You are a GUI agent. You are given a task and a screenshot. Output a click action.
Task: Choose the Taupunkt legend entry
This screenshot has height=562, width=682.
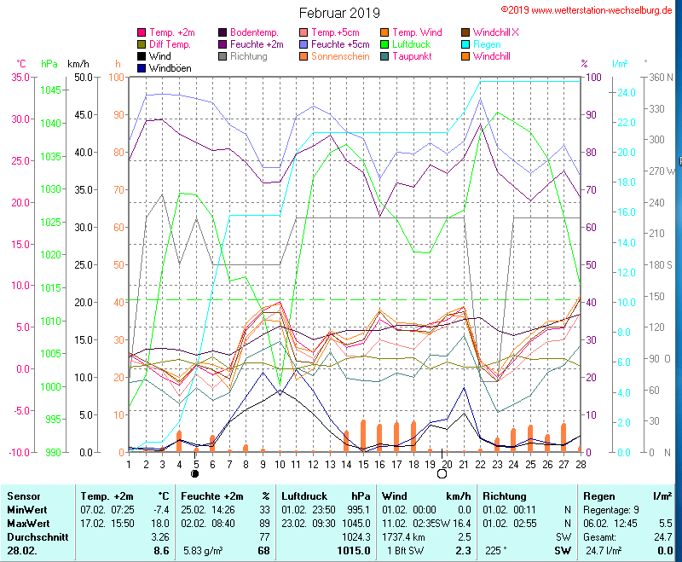click(414, 56)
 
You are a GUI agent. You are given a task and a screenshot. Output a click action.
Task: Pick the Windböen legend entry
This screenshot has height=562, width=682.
click(170, 68)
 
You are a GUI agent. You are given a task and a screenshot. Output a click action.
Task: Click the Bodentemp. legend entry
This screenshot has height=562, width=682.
click(256, 32)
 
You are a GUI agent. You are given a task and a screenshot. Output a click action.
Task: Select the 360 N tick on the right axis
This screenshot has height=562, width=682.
click(659, 78)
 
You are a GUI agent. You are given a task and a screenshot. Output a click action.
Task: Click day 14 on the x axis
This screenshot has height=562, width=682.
click(346, 463)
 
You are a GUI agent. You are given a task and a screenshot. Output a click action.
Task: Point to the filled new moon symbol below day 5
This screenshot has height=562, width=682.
click(195, 473)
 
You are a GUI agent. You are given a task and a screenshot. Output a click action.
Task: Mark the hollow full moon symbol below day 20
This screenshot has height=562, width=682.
click(442, 473)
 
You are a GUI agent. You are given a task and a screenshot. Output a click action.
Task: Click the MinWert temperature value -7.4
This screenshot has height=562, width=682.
click(161, 509)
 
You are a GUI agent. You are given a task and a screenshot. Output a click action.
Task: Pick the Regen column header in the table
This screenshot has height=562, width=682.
click(598, 495)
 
